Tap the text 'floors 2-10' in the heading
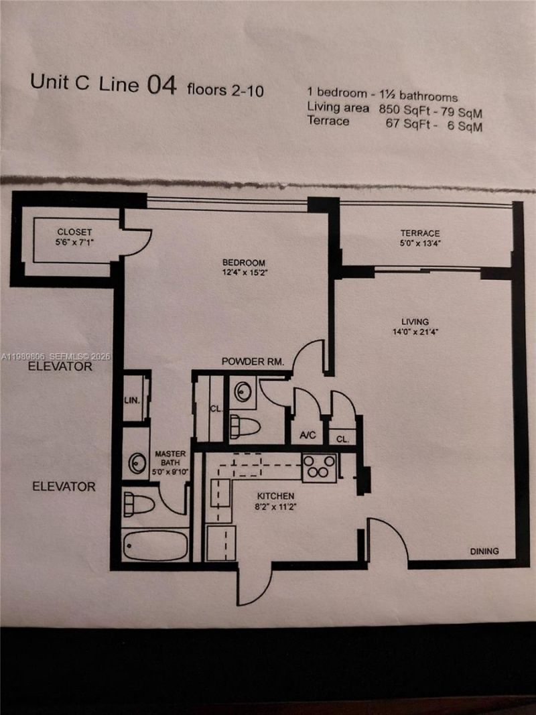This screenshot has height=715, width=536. [x=225, y=90]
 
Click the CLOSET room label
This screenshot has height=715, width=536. [x=74, y=232]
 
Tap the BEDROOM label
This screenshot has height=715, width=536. [x=244, y=263]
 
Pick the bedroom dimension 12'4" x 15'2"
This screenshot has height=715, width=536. [x=244, y=273]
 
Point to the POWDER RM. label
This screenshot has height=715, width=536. [x=253, y=362]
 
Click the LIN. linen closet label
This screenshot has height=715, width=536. [x=132, y=400]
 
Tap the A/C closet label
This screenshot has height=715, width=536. [x=308, y=435]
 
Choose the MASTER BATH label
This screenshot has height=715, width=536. [x=170, y=458]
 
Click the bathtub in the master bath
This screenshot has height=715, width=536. [x=155, y=545]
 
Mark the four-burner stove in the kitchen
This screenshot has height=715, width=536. [x=318, y=467]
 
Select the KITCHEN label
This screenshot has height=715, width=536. [x=275, y=497]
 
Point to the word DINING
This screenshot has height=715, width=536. [x=484, y=551]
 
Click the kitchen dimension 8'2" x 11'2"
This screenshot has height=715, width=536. [x=275, y=507]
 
